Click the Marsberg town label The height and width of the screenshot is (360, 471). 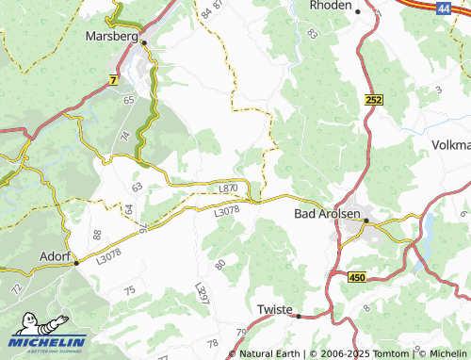pyautogui.click(x=111, y=36)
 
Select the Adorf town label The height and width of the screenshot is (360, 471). pyautogui.click(x=53, y=255)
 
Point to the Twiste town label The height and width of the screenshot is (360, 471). pyautogui.click(x=275, y=309)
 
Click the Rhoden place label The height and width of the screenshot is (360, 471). pyautogui.click(x=330, y=6)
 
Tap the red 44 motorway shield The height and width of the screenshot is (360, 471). pyautogui.click(x=444, y=7)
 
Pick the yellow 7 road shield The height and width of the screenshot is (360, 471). pyautogui.click(x=114, y=82)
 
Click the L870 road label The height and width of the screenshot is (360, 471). pyautogui.click(x=227, y=189)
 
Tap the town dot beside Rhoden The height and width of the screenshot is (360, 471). pyautogui.click(x=358, y=10)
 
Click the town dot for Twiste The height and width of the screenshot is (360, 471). pyautogui.click(x=298, y=317)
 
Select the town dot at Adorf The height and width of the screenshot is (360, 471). pyautogui.click(x=75, y=264)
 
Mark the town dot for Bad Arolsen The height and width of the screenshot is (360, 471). pyautogui.click(x=366, y=221)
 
